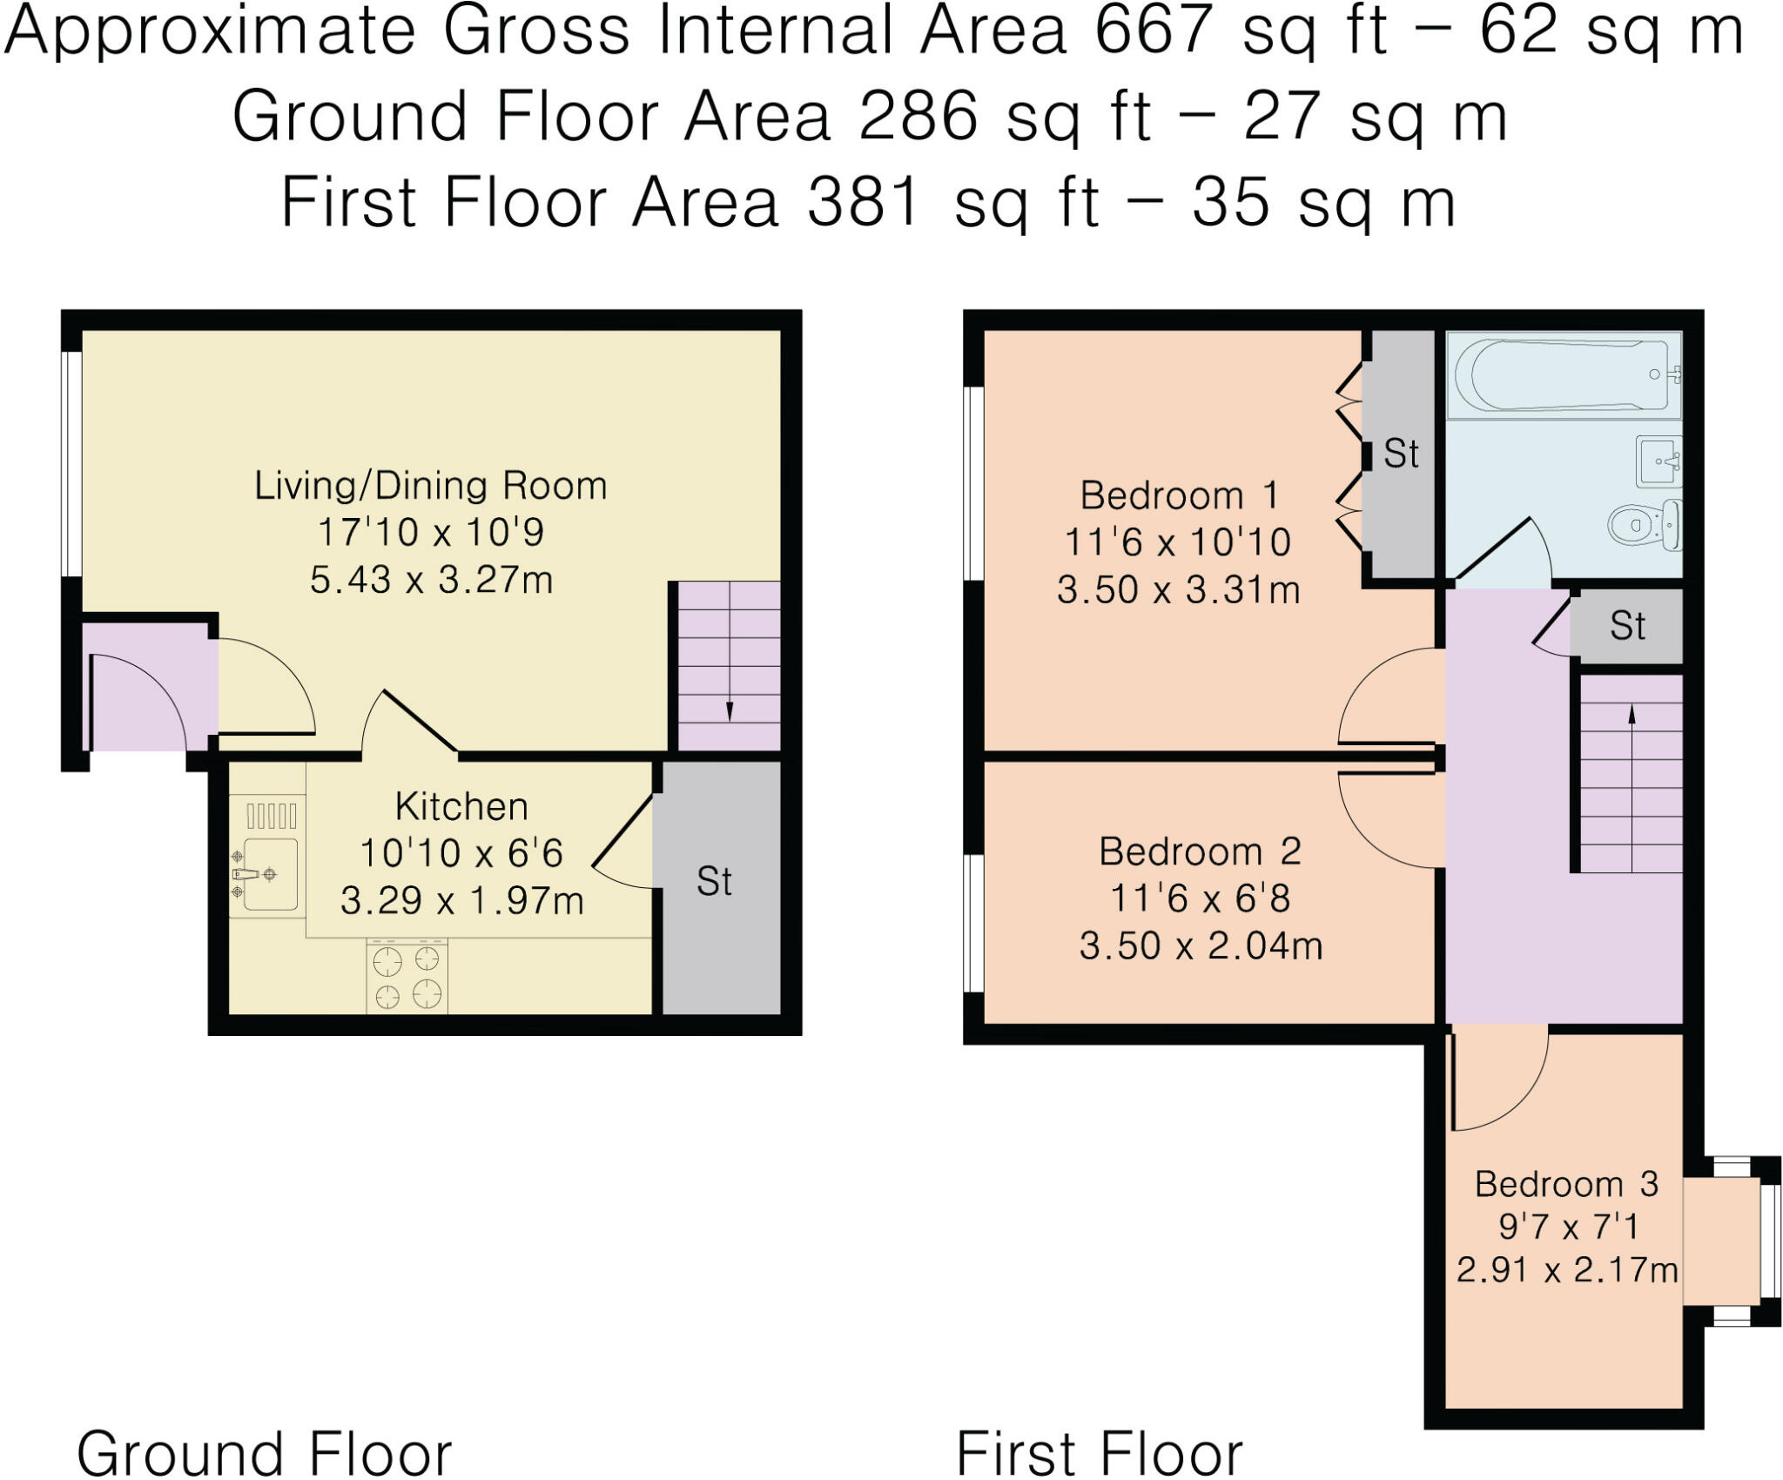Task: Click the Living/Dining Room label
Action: pos(430,486)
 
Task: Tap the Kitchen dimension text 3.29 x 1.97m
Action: pos(461,901)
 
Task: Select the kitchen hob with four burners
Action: pos(407,977)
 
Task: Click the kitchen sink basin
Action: pos(271,873)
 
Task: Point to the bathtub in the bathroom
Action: pos(1563,375)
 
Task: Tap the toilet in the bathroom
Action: pos(1641,525)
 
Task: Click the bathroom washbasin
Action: pos(1658,461)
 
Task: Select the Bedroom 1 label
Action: pos(1179,496)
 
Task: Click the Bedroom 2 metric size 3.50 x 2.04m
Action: pos(1201,945)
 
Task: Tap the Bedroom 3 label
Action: pos(1566,1185)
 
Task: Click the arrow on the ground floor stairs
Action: pos(729,710)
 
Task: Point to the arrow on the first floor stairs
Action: pos(1632,716)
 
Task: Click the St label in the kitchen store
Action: pos(714,882)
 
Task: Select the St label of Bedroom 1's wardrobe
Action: pos(1401,454)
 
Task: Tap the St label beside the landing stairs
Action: pos(1627,626)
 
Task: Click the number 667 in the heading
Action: pos(1152,31)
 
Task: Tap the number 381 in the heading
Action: pos(863,203)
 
